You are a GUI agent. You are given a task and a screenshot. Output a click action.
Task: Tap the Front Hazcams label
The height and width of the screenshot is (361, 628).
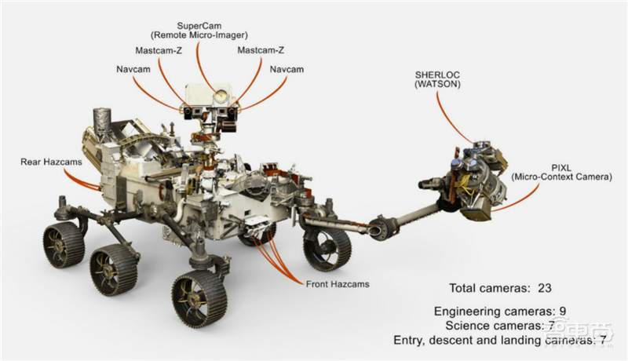338,283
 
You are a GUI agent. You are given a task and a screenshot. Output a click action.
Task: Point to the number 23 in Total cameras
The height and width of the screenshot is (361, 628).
545,288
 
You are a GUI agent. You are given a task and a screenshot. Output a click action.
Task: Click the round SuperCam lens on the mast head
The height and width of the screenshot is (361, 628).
222,97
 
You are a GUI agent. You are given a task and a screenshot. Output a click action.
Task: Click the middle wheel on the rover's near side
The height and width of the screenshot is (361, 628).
112,271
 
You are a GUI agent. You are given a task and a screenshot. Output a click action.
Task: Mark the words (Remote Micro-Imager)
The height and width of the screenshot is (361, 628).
199,36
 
